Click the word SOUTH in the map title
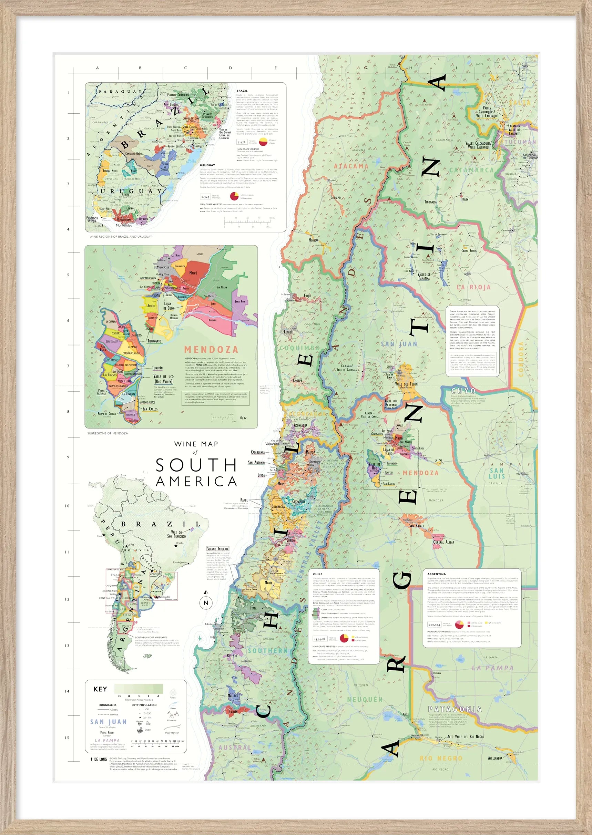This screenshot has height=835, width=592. tap(196, 465)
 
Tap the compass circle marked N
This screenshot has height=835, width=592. tap(206, 603)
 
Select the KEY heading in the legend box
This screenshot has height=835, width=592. tap(100, 689)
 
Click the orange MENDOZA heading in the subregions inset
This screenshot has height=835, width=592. tap(211, 350)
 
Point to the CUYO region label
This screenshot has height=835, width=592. tap(463, 391)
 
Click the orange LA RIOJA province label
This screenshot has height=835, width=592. tap(474, 287)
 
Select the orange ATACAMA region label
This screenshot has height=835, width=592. tap(351, 166)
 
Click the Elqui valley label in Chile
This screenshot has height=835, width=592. tap(308, 296)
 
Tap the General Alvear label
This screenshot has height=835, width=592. tap(443, 542)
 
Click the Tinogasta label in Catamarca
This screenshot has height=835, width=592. tap(430, 202)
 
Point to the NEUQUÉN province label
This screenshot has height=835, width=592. tap(365, 700)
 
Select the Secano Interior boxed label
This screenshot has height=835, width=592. tap(218, 549)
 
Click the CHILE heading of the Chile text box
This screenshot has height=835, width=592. tap(317, 574)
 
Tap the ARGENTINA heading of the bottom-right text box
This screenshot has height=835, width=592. tap(436, 574)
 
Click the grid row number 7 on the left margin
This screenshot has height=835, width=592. tap(68, 366)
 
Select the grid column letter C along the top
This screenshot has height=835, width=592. tap(185, 68)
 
